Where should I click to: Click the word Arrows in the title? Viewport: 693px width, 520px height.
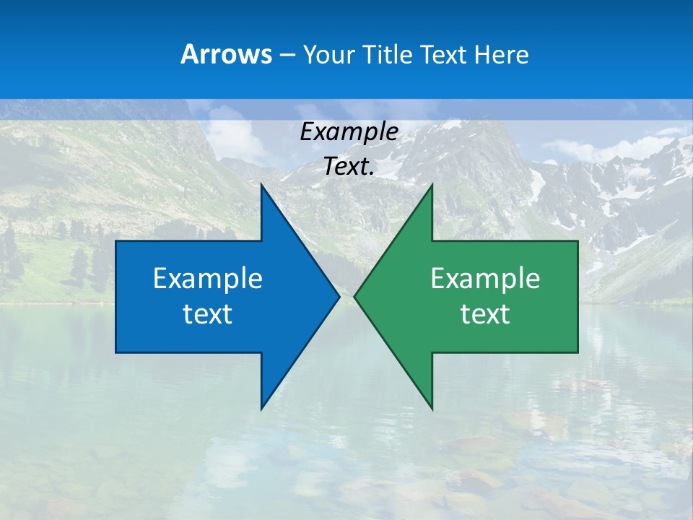click(x=226, y=54)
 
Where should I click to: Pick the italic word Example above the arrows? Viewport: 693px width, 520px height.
click(x=349, y=132)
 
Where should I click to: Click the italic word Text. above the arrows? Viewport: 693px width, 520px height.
click(x=349, y=167)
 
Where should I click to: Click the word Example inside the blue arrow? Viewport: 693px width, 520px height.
click(x=207, y=279)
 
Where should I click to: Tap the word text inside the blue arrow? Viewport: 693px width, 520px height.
click(x=207, y=314)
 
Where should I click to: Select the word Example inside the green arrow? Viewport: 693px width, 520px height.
click(x=485, y=279)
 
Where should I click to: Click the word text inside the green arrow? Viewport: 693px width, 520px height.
click(x=485, y=314)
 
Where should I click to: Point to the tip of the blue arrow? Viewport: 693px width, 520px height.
click(x=339, y=296)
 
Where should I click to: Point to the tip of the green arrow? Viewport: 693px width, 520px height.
click(x=354, y=296)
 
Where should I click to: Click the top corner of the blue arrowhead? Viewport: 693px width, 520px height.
click(x=261, y=184)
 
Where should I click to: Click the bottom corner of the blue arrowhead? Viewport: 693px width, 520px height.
click(x=261, y=409)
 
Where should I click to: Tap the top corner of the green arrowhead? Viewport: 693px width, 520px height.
click(x=432, y=184)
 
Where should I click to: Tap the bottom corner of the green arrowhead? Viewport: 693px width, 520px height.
click(x=432, y=409)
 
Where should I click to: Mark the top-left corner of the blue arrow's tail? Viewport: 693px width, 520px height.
click(x=116, y=241)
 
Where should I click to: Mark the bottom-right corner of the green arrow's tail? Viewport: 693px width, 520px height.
click(x=577, y=352)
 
